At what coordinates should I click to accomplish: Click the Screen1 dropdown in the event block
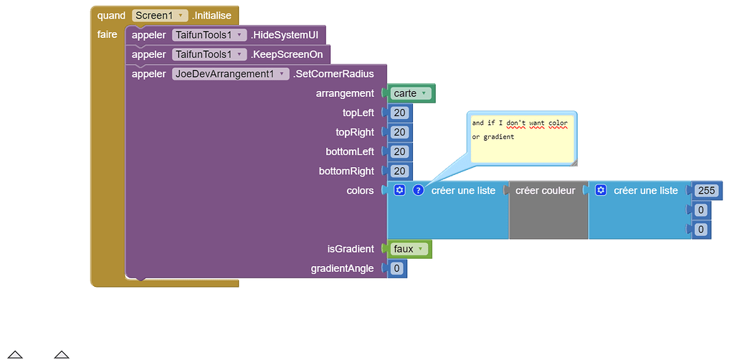coord(160,15)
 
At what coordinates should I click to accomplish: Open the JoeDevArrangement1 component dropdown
coord(230,74)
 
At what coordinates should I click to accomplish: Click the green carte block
coord(412,93)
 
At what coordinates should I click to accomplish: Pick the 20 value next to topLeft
coord(399,113)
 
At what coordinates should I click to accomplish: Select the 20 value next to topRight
coord(399,132)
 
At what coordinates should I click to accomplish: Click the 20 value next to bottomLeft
coord(399,151)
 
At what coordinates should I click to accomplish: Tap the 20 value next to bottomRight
coord(399,171)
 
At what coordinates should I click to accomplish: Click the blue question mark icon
coord(418,190)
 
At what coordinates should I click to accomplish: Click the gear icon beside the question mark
coord(400,190)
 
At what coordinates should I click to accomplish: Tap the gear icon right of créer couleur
coord(601,190)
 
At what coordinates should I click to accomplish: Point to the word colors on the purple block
coord(360,191)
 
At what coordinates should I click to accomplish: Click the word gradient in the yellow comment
coord(499,136)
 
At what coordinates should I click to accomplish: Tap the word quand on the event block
coord(111,15)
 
